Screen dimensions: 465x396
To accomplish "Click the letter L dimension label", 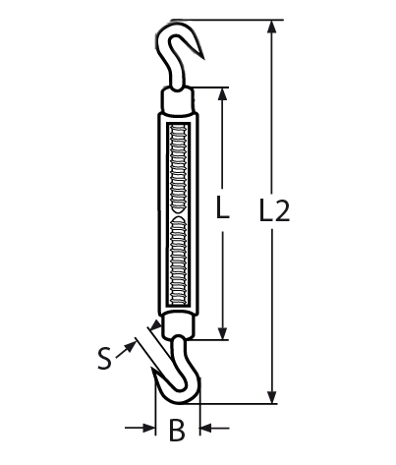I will (223, 208).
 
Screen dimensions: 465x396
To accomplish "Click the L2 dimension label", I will (276, 208).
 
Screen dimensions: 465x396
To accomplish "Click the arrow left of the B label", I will (147, 429).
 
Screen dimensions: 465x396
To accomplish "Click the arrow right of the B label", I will (207, 429).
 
